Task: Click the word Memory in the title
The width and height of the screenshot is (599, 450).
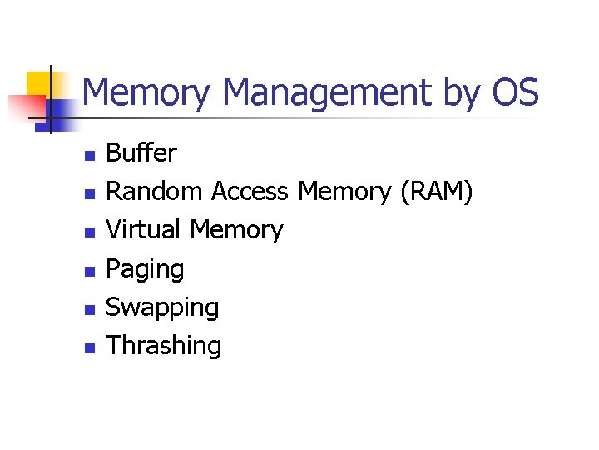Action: tap(146, 93)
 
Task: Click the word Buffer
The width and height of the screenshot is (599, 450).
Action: tap(141, 153)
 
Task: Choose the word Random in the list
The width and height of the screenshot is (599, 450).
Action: tap(155, 192)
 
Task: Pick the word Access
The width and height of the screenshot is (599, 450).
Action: tap(250, 192)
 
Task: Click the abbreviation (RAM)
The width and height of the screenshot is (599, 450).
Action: tap(436, 192)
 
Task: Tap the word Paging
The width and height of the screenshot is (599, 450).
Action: tap(145, 270)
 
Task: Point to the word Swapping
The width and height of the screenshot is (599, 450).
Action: tap(162, 308)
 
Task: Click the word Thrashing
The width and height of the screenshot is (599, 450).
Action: tap(164, 346)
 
